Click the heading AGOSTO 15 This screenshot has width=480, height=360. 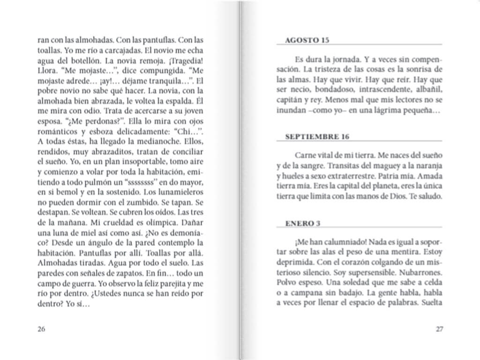coord(307,40)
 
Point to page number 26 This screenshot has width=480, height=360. coord(41,329)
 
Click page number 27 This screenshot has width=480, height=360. coord(439,329)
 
